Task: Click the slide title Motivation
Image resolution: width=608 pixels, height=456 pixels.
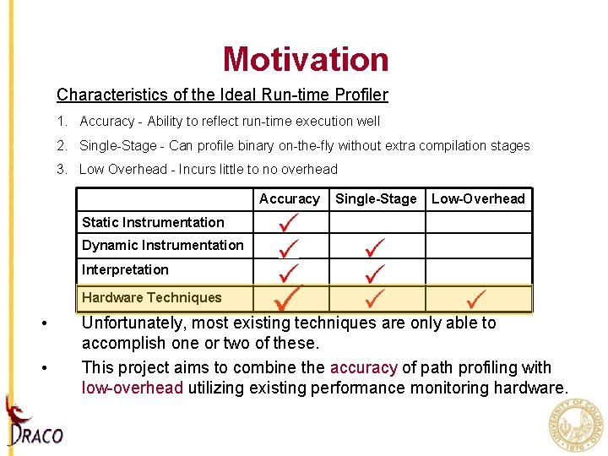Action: pos(306,59)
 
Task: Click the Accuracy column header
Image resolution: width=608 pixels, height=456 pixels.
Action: pos(290,199)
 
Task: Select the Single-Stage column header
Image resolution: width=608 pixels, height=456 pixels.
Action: pos(376,199)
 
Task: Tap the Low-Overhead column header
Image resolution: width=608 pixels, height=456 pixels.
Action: pos(478,199)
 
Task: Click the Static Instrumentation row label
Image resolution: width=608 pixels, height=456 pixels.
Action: pos(153,223)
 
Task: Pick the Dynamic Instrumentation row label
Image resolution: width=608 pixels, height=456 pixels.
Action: pos(162,246)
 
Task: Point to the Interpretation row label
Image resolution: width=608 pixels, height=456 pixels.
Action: pos(125,270)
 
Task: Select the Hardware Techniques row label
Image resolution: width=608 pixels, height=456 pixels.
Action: pos(151,297)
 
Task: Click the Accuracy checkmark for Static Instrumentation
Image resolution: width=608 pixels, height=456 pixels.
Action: pos(290,223)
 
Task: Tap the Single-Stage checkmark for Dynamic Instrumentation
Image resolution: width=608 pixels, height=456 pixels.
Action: pos(375,247)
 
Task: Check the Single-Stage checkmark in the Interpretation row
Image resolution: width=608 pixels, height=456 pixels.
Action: pos(375,272)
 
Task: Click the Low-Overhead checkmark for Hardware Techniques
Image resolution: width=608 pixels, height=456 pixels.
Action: pos(476,298)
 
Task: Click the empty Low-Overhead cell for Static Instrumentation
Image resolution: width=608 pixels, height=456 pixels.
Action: pos(478,223)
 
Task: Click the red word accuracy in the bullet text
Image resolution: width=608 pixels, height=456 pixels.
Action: pos(363,368)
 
